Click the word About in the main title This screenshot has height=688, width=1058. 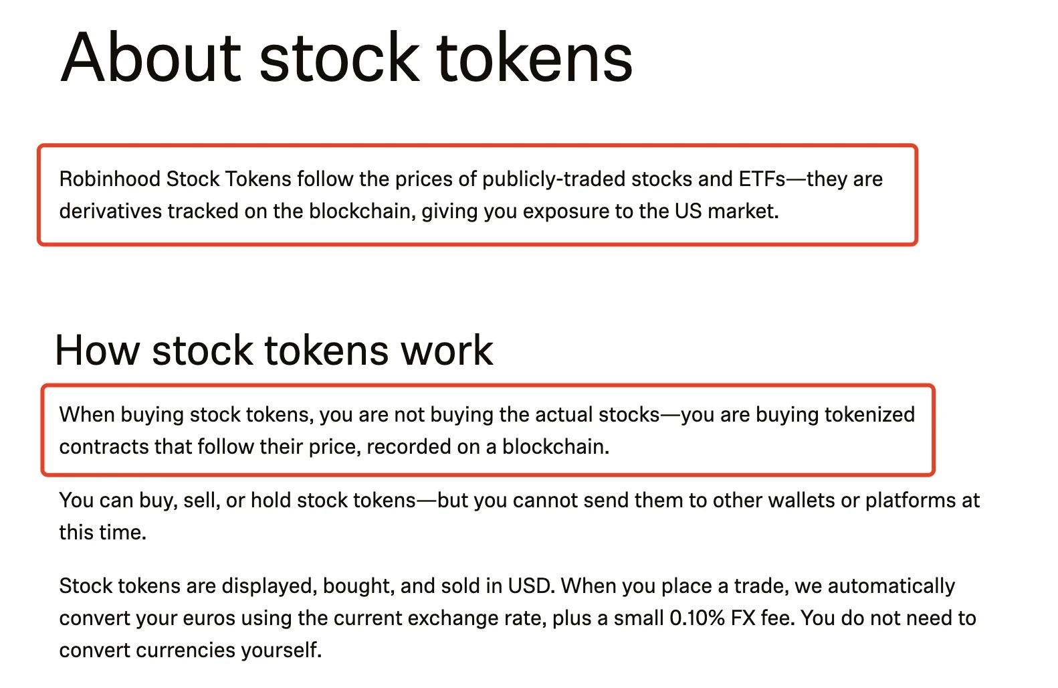pyautogui.click(x=151, y=58)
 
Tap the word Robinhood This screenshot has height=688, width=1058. pyautogui.click(x=110, y=179)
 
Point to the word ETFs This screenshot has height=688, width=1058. pyautogui.click(x=762, y=179)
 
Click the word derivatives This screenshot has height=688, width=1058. pyautogui.click(x=110, y=211)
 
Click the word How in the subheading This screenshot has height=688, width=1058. pyautogui.click(x=97, y=350)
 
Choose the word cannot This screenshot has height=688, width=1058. pyautogui.click(x=545, y=501)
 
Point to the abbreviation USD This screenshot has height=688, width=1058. pyautogui.click(x=530, y=586)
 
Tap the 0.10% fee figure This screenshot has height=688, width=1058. pyautogui.click(x=697, y=618)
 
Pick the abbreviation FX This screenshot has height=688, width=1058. pyautogui.click(x=744, y=618)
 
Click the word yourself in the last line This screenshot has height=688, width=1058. pyautogui.click(x=282, y=651)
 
